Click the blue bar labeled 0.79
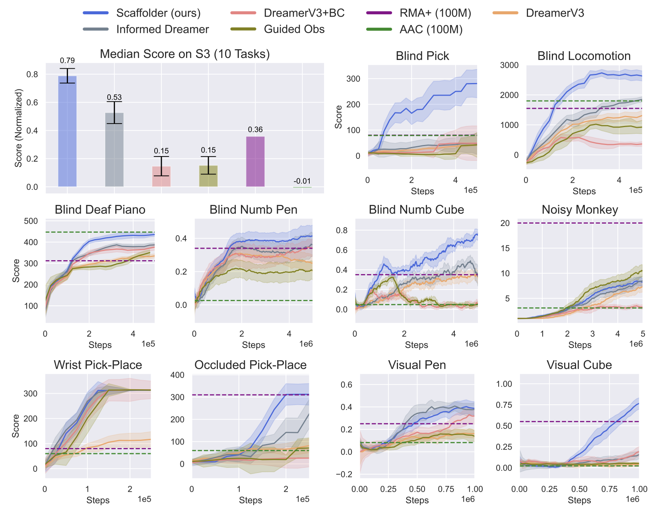67,131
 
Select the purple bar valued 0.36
255,161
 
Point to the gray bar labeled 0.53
114,150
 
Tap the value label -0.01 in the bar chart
302,181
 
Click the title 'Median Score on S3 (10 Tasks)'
184,54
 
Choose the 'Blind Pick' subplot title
422,56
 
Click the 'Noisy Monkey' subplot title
580,210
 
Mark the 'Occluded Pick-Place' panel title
250,365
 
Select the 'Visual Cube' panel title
579,365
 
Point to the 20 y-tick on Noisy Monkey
505,223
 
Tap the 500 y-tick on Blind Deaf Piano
31,221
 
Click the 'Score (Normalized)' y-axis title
18,128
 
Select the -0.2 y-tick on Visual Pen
344,474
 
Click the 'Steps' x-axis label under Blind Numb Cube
416,345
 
